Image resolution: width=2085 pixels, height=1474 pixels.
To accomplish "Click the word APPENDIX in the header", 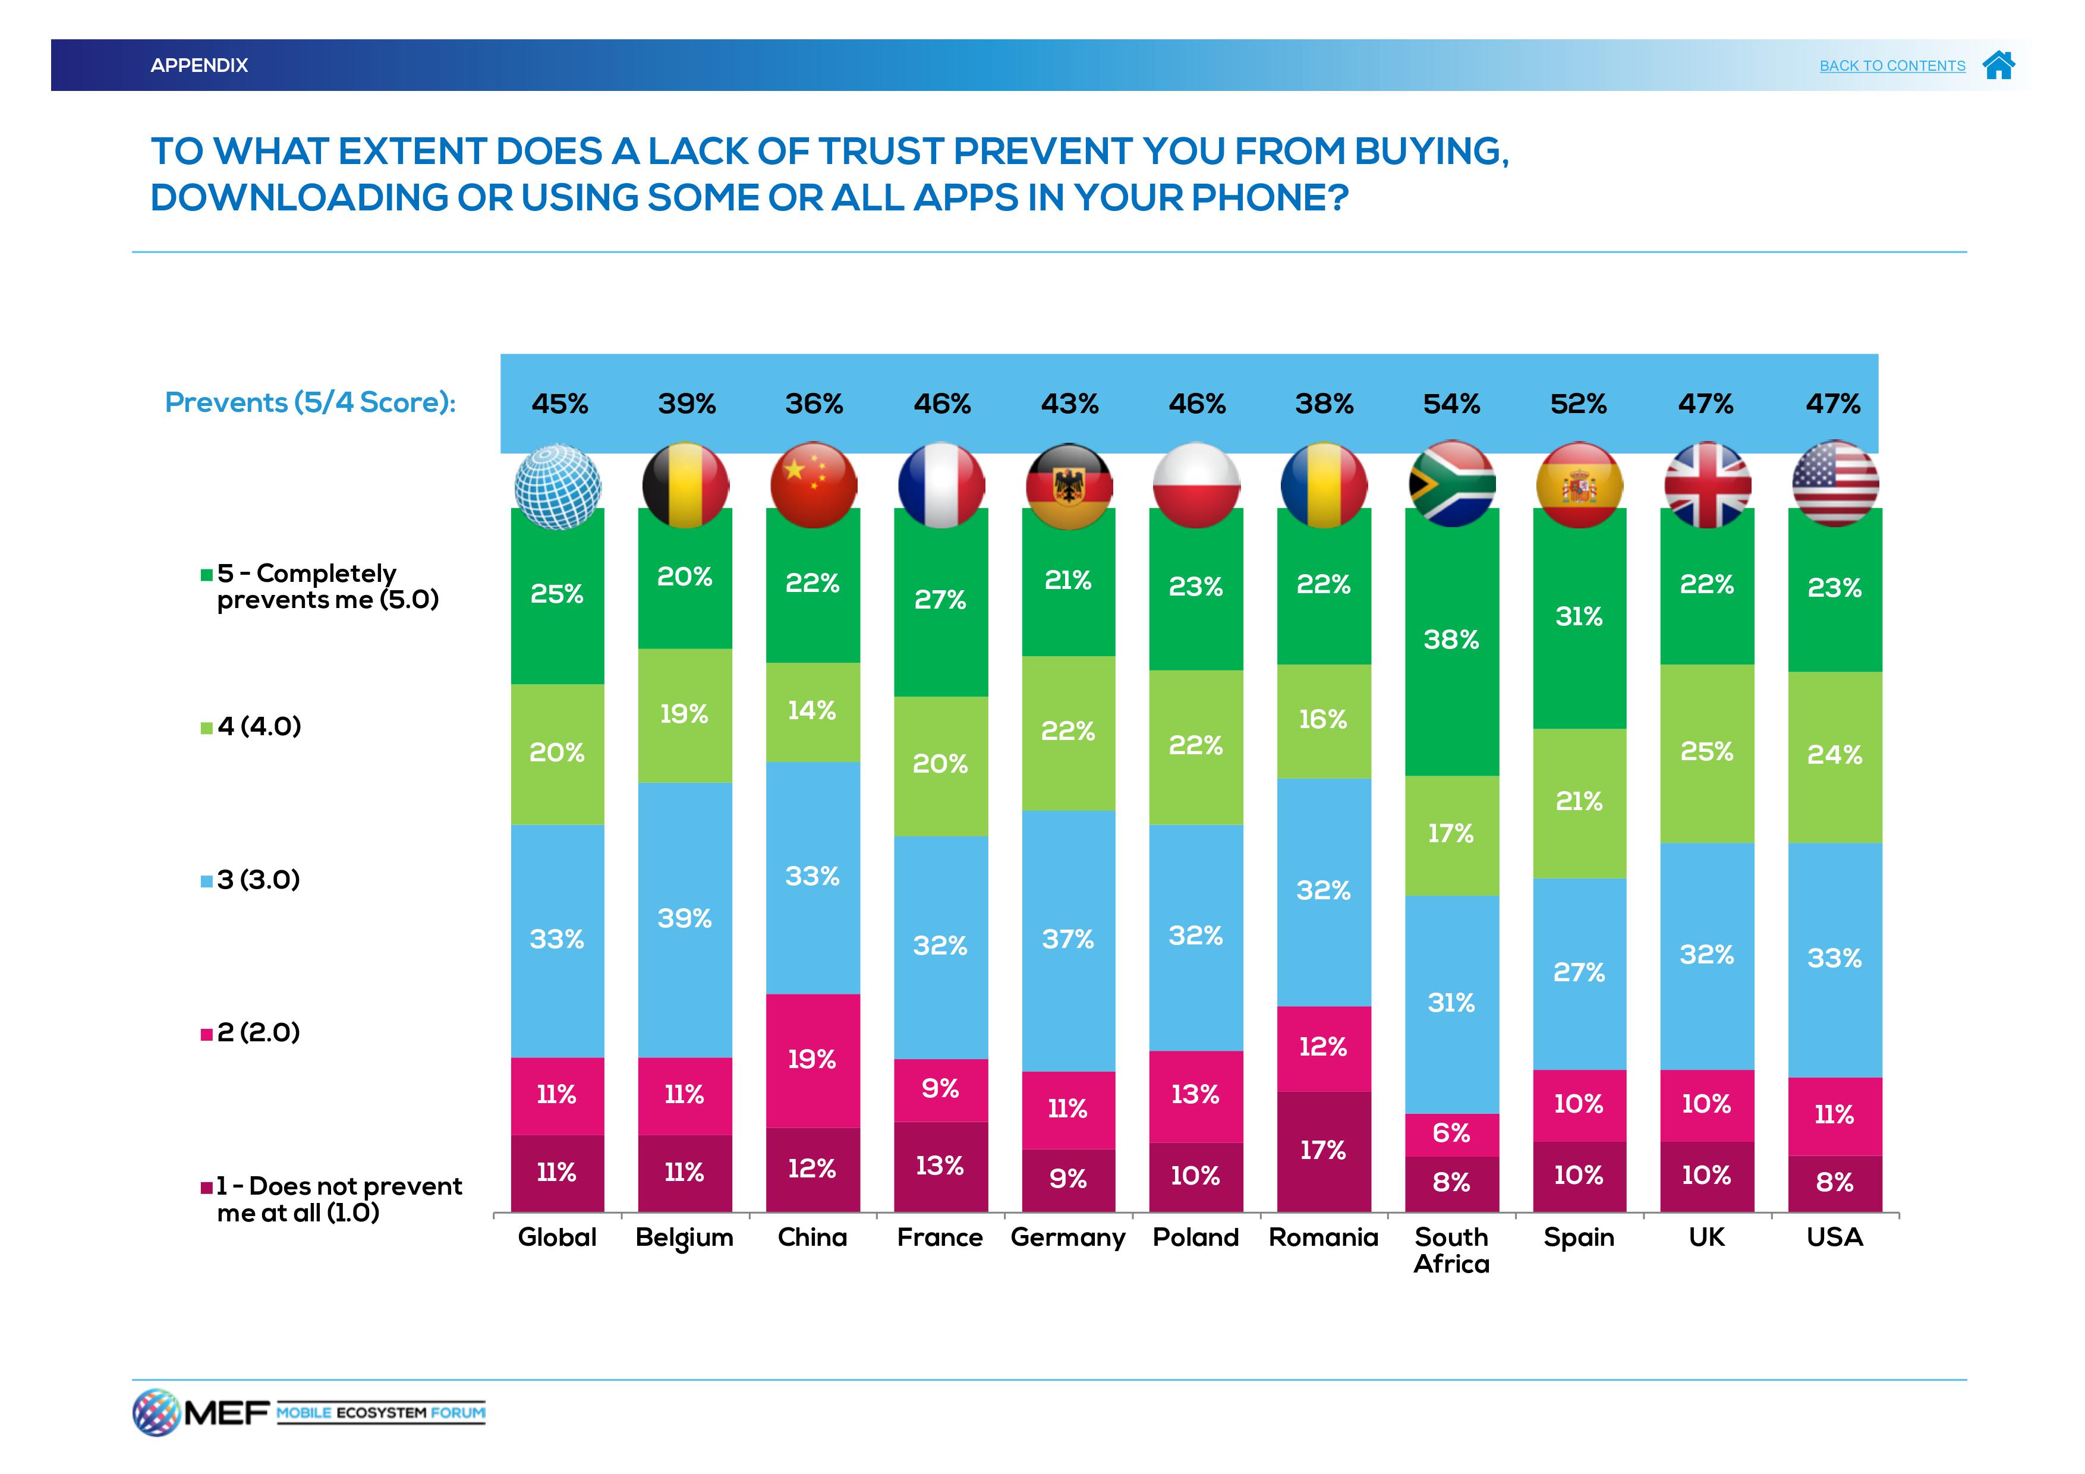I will click(199, 65).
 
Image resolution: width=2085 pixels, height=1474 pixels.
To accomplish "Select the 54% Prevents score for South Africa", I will click(1451, 403).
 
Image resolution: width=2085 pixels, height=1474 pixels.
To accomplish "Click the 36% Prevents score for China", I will click(814, 403).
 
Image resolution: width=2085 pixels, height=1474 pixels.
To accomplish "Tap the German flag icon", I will click(1069, 486).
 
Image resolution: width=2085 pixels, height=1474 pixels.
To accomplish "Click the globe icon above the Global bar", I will click(558, 486).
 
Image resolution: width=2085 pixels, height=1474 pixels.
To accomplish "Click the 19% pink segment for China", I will click(812, 1060).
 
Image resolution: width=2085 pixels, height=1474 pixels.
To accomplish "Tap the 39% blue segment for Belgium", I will click(685, 919).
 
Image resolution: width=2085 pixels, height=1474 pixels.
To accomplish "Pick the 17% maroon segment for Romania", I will click(1323, 1151).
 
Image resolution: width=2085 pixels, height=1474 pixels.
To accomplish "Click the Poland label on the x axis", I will click(1195, 1238).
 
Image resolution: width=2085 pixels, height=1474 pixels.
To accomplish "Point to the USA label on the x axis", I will click(1834, 1238).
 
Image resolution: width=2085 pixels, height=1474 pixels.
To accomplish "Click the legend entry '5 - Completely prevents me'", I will click(320, 587).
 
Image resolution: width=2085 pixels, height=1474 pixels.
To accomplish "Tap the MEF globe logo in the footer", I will click(156, 1412).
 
